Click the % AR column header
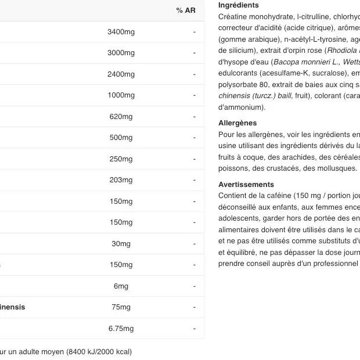[186, 10]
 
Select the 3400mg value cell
[121, 32]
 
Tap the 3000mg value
[121, 53]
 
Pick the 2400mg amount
[121, 74]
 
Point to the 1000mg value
[121, 95]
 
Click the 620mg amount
[121, 117]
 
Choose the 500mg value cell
[121, 138]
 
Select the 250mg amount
[121, 159]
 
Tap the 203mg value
[121, 180]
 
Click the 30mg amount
[121, 244]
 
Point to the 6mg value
[121, 286]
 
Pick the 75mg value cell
[121, 307]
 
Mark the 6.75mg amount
[121, 329]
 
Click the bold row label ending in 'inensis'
[12, 307]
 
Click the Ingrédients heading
[238, 5]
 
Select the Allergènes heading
[237, 123]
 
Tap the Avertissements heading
[246, 185]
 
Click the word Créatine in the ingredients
[232, 17]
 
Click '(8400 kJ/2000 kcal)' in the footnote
[99, 352]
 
